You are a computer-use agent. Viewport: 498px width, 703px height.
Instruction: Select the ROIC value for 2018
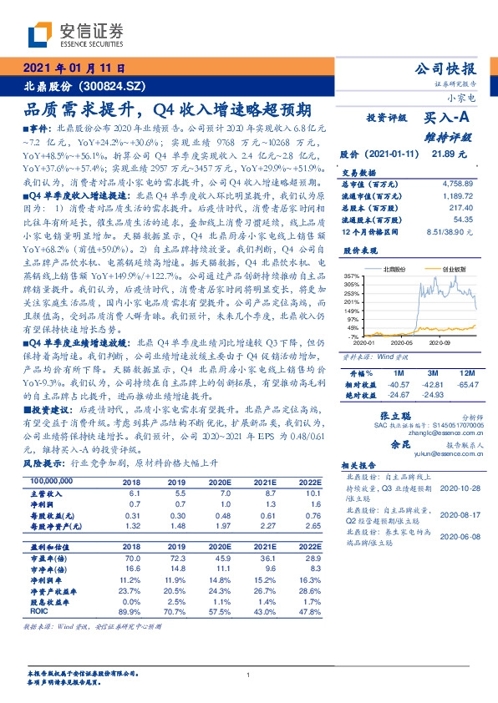[130, 611]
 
